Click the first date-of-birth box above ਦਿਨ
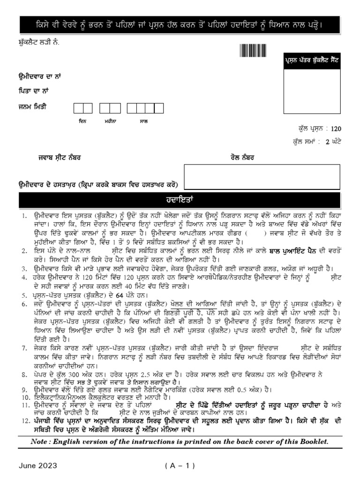pyautogui.click(x=79, y=108)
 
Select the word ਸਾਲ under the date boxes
pyautogui.click(x=144, y=121)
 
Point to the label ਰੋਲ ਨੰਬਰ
pyautogui.click(x=242, y=158)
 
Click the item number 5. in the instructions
pyautogui.click(x=24, y=296)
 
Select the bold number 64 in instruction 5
pyautogui.click(x=119, y=295)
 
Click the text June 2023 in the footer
pyautogui.click(x=38, y=465)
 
